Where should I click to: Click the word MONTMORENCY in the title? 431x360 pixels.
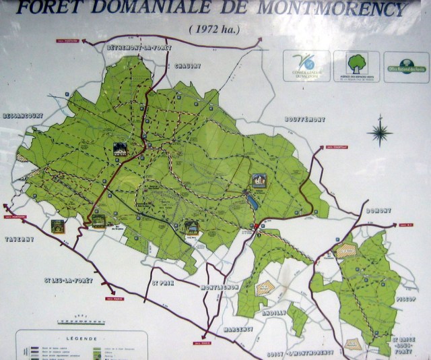[x=343, y=9]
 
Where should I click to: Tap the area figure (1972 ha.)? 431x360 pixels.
[x=215, y=29]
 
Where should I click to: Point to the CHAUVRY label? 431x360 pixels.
[x=188, y=65]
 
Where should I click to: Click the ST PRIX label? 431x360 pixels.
[x=163, y=282]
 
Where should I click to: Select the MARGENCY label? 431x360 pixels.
[x=237, y=329]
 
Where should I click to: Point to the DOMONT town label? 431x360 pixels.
[x=378, y=210]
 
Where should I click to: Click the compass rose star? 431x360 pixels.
[x=380, y=132]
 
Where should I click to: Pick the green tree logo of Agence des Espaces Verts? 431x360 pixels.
[x=356, y=63]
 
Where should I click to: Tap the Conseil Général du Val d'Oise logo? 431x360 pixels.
[x=306, y=64]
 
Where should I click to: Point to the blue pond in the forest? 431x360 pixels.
[x=251, y=200]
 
